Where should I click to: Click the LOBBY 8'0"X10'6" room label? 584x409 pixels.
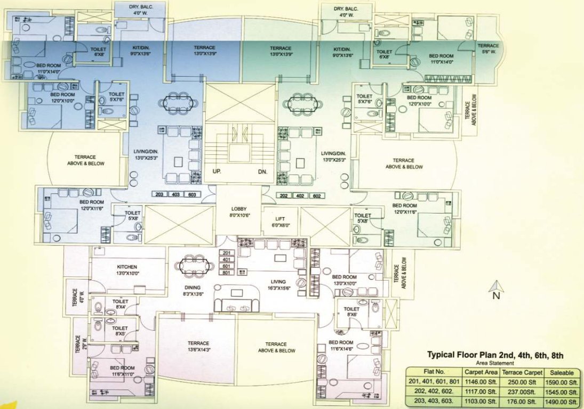pos(238,212)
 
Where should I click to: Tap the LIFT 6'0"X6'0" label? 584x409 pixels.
pos(279,222)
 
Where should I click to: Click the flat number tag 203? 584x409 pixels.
pos(159,194)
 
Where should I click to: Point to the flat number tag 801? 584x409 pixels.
pos(226,273)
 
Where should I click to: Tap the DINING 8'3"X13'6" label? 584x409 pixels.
pos(191,290)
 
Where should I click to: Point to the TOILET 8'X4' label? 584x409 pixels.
pos(120,304)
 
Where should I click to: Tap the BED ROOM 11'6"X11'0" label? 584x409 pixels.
pos(122,371)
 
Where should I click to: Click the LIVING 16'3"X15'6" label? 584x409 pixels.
pos(278,285)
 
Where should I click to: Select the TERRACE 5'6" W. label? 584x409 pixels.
pos(488,48)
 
